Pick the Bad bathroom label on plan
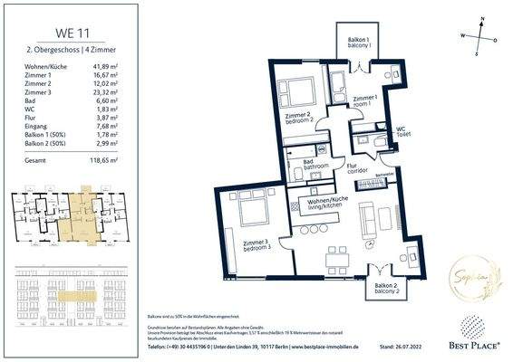[316, 164]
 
